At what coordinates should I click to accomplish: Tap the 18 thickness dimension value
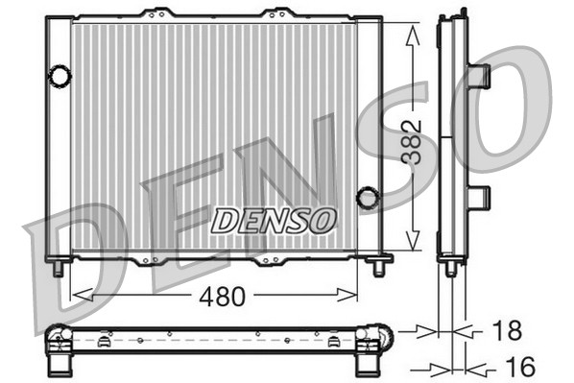click(506, 331)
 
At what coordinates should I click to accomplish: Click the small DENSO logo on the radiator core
click(273, 221)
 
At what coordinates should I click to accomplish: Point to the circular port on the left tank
click(60, 74)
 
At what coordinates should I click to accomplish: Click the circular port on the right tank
click(367, 198)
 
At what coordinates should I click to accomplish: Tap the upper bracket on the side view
click(478, 75)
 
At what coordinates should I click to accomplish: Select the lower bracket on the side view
click(478, 198)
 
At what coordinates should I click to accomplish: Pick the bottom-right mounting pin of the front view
click(375, 266)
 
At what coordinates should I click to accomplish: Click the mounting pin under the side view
click(451, 269)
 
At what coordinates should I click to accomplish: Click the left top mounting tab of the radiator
click(155, 14)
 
